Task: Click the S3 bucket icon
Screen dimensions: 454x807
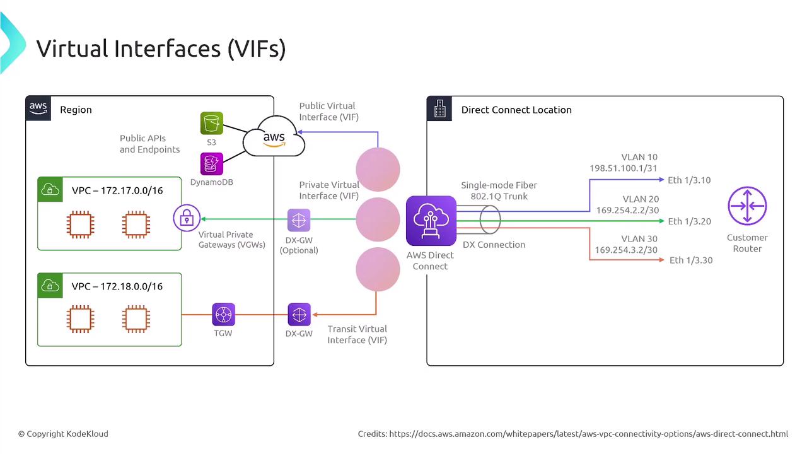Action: (x=211, y=123)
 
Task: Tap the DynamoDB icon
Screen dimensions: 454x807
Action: (x=211, y=164)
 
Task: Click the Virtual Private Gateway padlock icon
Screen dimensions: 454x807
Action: (x=186, y=219)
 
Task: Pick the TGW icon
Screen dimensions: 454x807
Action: (x=223, y=314)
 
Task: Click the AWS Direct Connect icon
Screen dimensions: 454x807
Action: (x=431, y=220)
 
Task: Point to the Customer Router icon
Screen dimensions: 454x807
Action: (x=747, y=206)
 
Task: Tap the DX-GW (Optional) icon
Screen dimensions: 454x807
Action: (x=299, y=220)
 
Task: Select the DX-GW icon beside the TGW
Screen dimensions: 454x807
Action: (x=299, y=314)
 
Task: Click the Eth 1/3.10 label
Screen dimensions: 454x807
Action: (x=689, y=180)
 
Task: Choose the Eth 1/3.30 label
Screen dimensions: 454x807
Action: (x=691, y=260)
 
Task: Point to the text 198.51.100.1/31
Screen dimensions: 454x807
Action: (x=624, y=169)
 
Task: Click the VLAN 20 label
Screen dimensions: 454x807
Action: (x=641, y=199)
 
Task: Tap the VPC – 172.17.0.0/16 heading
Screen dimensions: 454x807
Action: (x=117, y=190)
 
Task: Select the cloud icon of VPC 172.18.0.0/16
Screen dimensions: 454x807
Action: (x=49, y=286)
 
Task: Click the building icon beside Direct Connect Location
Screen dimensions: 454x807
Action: (x=439, y=109)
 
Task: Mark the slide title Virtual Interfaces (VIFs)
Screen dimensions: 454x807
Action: (x=161, y=49)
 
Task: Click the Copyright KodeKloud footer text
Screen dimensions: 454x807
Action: (x=63, y=434)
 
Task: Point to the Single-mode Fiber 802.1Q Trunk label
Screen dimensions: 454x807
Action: (x=499, y=190)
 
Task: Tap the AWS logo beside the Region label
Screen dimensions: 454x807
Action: (x=38, y=108)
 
